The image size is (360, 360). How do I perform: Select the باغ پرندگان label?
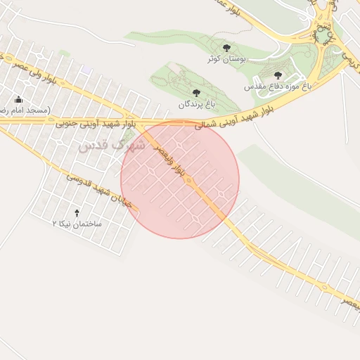[x=195, y=104]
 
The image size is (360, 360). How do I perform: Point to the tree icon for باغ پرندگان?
[x=195, y=93]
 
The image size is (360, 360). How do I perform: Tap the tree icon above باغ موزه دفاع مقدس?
[x=278, y=75]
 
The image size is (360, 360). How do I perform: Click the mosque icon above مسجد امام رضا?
[x=18, y=100]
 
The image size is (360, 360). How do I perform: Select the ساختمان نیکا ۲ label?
[x=77, y=223]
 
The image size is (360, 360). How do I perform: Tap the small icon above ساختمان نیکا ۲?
[x=77, y=212]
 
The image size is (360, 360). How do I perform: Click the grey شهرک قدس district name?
[x=112, y=146]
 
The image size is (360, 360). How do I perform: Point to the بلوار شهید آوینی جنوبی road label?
[x=94, y=124]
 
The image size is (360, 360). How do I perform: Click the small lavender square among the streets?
[x=86, y=71]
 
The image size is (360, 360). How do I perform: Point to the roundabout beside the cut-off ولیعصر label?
[x=325, y=286]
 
